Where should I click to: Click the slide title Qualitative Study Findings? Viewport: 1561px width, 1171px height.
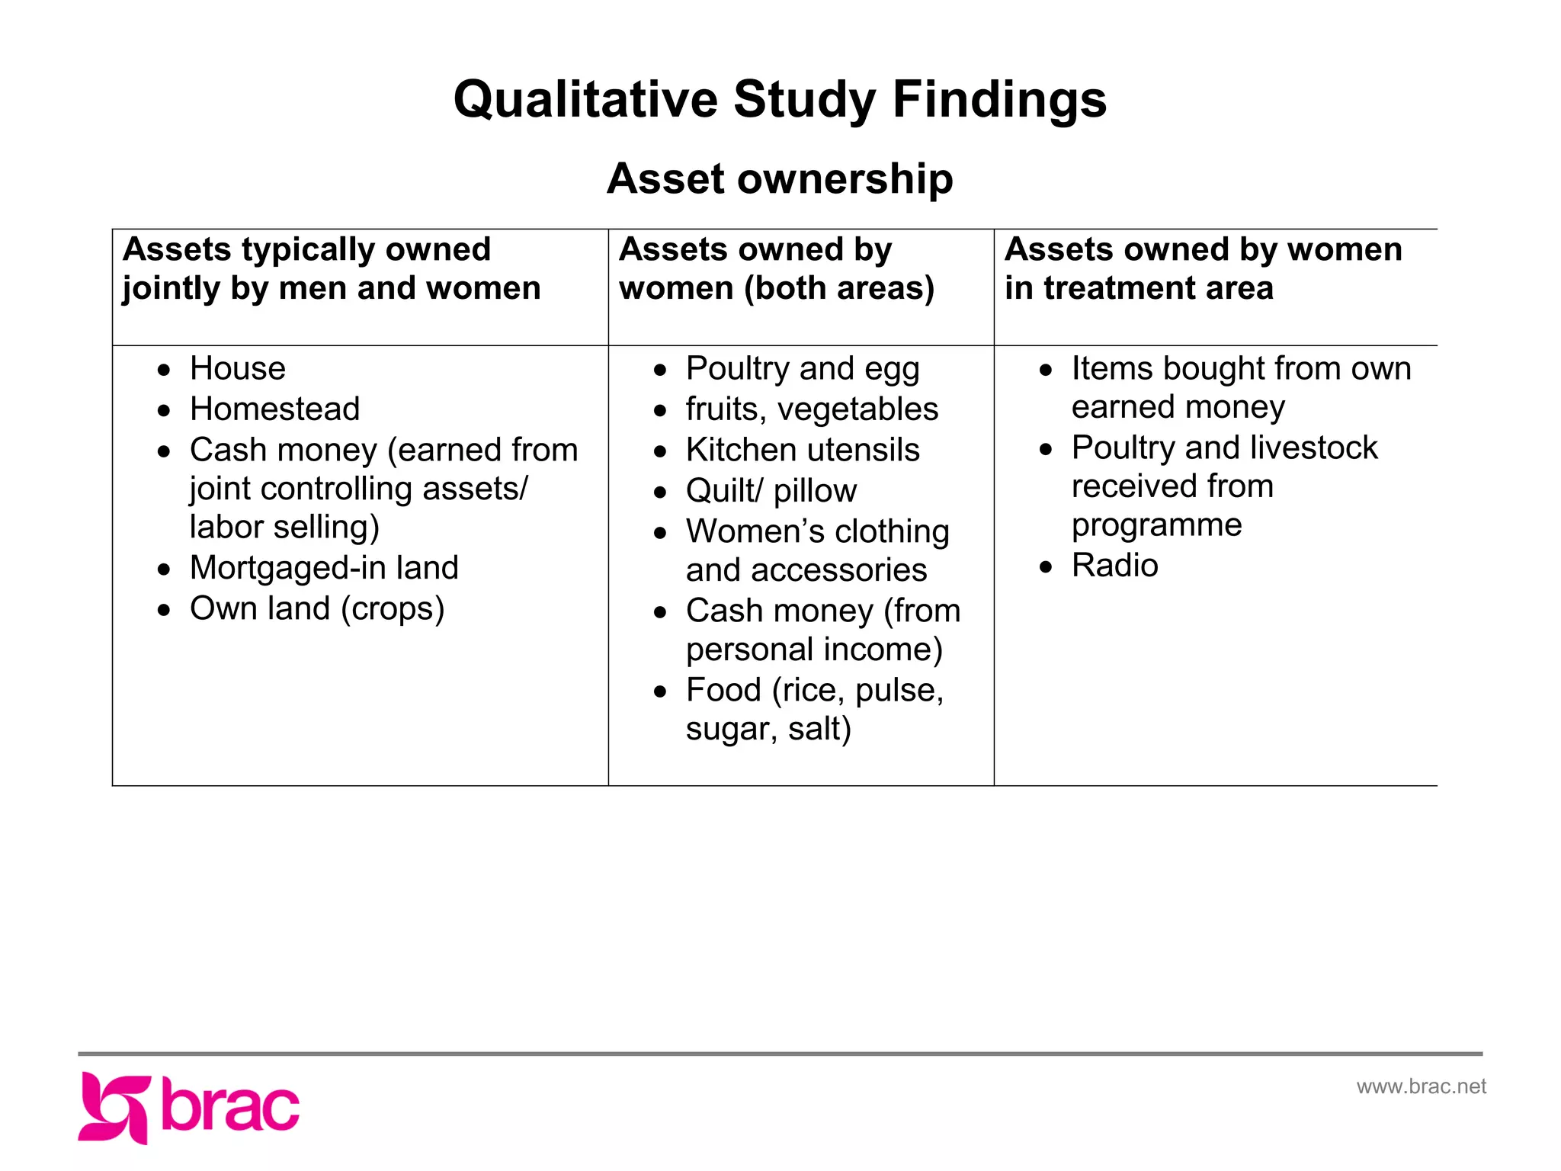[x=780, y=99]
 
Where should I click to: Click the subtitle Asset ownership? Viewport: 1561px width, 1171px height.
[x=780, y=178]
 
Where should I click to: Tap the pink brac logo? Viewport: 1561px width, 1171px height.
[x=189, y=1107]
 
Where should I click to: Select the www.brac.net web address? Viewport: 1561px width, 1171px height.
[x=1421, y=1086]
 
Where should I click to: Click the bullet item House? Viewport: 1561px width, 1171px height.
[x=238, y=368]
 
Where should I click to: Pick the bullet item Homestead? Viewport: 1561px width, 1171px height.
[x=274, y=409]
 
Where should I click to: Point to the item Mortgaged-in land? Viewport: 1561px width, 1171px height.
[x=324, y=568]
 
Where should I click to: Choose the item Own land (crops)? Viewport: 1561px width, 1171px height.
[x=317, y=609]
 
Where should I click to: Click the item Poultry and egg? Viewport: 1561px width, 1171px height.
[x=803, y=369]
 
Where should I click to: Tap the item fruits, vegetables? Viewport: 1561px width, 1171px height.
[x=812, y=409]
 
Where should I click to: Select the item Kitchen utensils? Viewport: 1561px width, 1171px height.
[x=803, y=450]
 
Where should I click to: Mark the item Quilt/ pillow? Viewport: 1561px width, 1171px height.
[x=771, y=491]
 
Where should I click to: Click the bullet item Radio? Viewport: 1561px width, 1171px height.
[x=1114, y=566]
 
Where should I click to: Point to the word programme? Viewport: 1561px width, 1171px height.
[x=1156, y=525]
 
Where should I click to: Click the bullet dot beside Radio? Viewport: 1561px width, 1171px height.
[x=1046, y=567]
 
